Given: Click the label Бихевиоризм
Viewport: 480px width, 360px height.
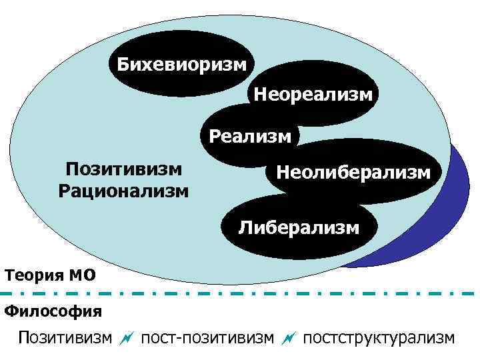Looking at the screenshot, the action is click(181, 65).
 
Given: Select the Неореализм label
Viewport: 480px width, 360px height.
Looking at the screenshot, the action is click(313, 94).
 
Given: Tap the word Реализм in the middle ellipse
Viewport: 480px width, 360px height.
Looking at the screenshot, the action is click(250, 137).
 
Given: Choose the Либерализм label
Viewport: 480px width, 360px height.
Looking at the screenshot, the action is click(299, 228).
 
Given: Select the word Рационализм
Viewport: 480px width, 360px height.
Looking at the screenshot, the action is click(124, 191).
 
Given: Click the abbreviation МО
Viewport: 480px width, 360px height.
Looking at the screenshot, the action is click(81, 275).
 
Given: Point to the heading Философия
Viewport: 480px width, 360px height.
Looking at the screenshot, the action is click(53, 311).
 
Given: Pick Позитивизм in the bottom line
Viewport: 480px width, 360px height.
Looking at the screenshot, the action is click(65, 338).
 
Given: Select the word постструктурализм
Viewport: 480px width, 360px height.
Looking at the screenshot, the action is click(379, 338).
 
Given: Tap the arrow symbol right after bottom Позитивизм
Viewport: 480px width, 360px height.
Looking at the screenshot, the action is click(126, 339).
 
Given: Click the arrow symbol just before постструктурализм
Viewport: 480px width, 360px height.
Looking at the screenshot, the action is click(288, 339).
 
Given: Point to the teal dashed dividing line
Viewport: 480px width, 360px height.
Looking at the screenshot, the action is click(240, 293).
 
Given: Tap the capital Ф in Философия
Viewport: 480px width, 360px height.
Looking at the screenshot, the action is click(11, 311).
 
